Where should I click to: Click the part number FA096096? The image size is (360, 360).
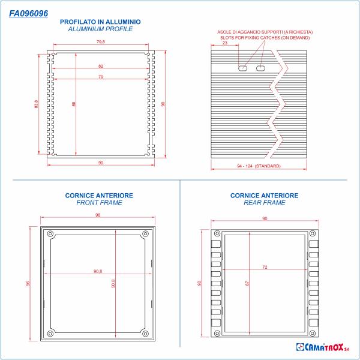tap(29, 12)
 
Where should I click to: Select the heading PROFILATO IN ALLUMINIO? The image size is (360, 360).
tap(100, 22)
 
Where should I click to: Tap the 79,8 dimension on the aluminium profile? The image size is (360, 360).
tap(100, 42)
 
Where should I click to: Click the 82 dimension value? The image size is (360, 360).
tap(100, 65)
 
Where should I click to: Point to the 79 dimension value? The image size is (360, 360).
tap(100, 77)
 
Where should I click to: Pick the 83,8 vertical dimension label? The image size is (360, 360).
tap(37, 104)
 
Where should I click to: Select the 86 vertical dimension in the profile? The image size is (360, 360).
tap(74, 104)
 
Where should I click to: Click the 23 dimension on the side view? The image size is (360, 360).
tap(224, 43)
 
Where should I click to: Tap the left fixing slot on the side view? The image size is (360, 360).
tap(242, 69)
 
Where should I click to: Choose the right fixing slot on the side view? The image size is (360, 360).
tap(260, 69)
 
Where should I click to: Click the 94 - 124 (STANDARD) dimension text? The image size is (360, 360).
tap(259, 166)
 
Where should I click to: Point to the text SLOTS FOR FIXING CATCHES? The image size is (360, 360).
tap(265, 37)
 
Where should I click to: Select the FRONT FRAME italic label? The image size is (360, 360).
tap(99, 203)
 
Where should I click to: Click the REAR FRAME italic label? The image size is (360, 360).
tap(264, 203)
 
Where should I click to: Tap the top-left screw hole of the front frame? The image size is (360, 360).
tap(50, 233)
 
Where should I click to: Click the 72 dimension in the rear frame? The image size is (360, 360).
tap(264, 266)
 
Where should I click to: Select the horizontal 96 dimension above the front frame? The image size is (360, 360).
tap(97, 215)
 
